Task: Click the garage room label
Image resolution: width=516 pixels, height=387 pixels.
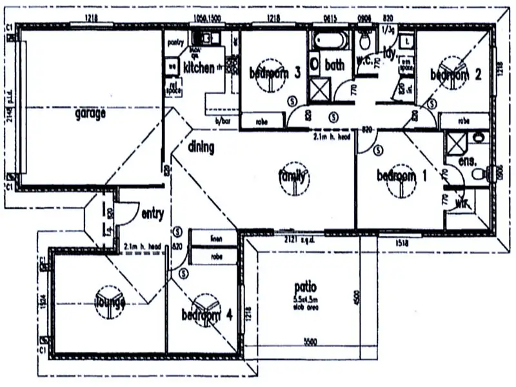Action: coord(90,114)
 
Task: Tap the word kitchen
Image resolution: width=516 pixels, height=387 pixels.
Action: coord(199,67)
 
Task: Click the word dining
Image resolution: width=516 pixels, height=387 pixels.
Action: coord(201,147)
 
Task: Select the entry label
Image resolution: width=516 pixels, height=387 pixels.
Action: coord(152,213)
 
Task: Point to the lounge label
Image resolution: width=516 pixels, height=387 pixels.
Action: coord(110,301)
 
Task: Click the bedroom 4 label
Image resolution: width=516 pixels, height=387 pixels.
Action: coord(207,315)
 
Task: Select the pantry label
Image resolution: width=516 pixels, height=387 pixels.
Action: coord(175,43)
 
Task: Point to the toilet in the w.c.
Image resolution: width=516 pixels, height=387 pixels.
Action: coord(365,43)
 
